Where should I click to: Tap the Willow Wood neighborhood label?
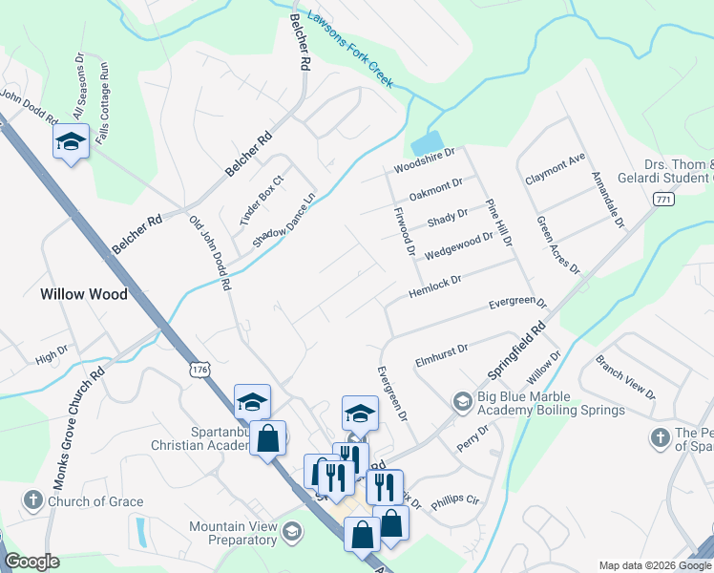[84, 294]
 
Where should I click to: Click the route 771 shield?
[664, 199]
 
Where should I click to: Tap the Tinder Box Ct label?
[262, 200]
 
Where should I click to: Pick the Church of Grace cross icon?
[31, 500]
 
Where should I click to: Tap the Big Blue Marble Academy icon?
[462, 401]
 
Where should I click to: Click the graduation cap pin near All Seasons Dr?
[70, 142]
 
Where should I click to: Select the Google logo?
[31, 562]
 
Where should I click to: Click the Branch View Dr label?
[625, 378]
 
